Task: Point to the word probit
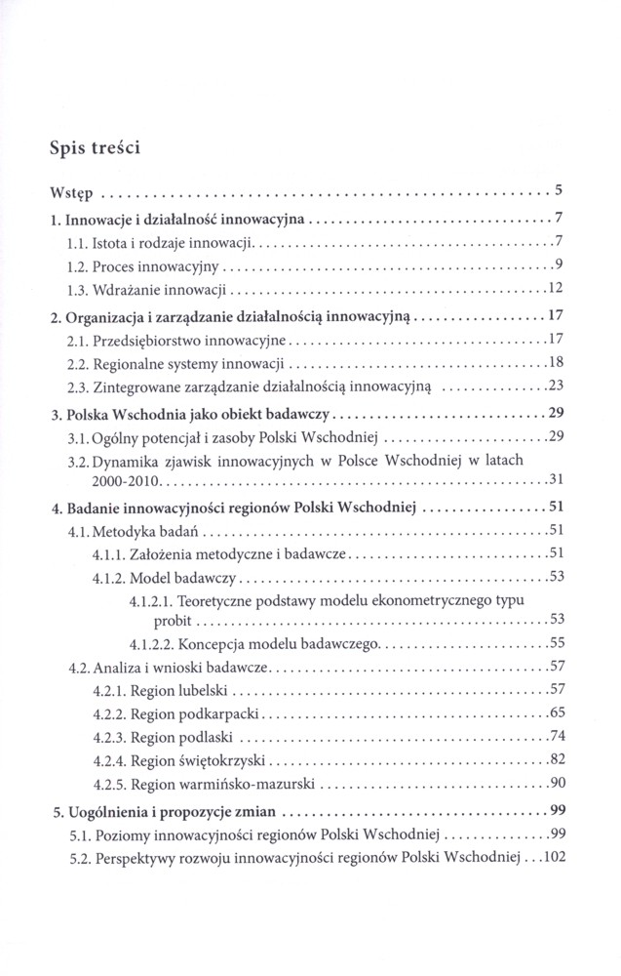coord(174,621)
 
